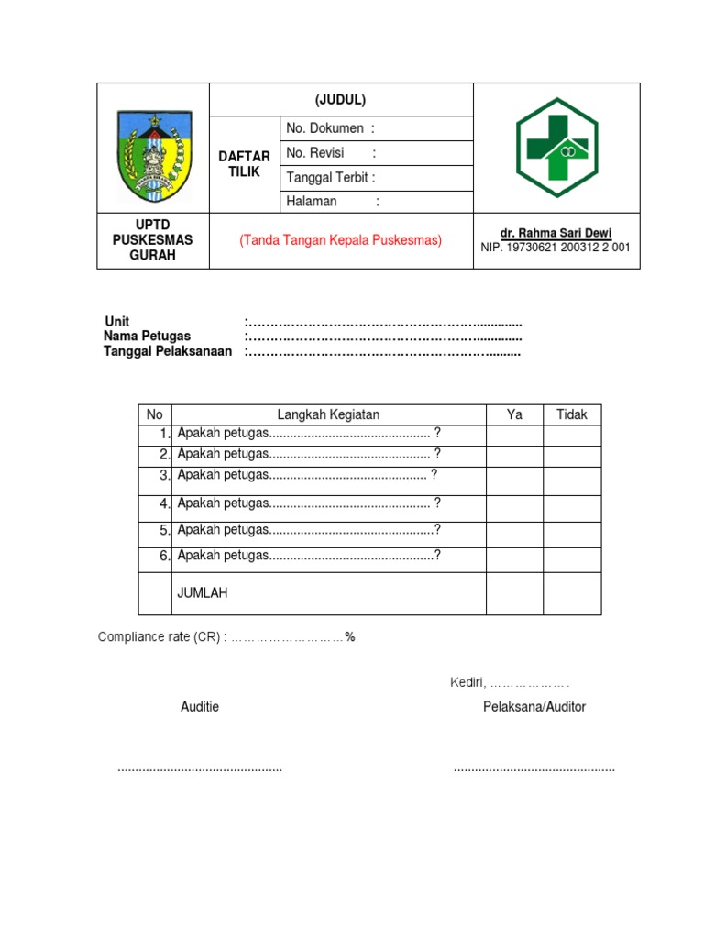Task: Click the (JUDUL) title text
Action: point(341,100)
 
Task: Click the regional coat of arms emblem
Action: point(154,156)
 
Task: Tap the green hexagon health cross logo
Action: point(556,148)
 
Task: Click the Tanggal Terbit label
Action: point(331,178)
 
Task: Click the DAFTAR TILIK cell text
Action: point(245,165)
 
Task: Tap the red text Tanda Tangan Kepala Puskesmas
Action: point(341,240)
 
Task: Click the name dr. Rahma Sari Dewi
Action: point(556,233)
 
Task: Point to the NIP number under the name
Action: point(556,248)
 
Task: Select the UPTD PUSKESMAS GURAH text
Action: point(153,240)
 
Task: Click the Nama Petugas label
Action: point(148,337)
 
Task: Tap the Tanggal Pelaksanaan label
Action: point(168,352)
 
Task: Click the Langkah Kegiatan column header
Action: point(328,414)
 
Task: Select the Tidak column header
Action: point(572,414)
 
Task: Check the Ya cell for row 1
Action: point(514,434)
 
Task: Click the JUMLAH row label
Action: point(203,593)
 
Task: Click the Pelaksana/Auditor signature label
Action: point(534,707)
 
